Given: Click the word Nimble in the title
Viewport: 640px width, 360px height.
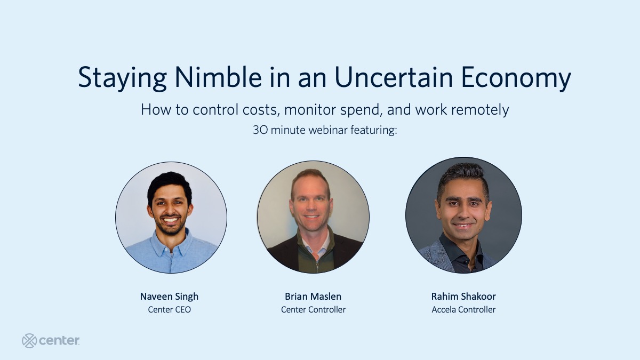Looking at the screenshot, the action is pos(218,77).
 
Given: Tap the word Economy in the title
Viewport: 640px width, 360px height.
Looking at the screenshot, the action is pos(516,78).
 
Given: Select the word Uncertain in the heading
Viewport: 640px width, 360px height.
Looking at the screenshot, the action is pos(394,77).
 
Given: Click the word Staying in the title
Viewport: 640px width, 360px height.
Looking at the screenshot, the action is pos(122,78).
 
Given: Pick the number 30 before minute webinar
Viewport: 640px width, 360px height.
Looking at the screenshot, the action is pos(260,130).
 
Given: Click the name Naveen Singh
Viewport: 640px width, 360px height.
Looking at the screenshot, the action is pos(169,297).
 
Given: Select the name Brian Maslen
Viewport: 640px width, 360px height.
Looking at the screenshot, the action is pos(313,297).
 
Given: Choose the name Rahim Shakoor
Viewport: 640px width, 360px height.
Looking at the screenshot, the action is pos(463,297).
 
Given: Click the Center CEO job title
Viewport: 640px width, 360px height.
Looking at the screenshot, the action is pos(169,310).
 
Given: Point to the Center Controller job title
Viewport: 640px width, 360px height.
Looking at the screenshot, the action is pos(313,310).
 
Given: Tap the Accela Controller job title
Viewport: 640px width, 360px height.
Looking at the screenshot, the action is pos(463,310).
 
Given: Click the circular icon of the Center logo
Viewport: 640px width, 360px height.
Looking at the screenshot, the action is pos(29,341).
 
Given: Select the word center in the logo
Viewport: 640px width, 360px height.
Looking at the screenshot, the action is pos(59,341).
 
